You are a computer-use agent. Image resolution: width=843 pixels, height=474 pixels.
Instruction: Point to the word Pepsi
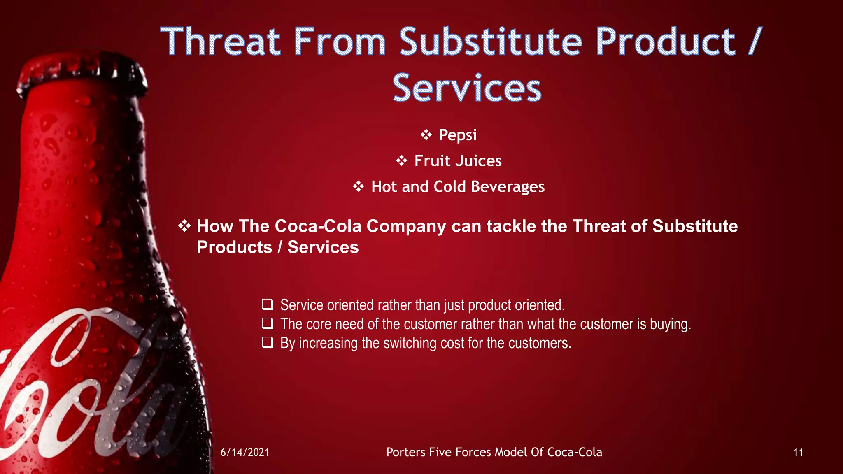point(458,135)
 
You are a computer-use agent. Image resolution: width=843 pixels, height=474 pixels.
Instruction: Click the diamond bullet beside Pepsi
point(426,135)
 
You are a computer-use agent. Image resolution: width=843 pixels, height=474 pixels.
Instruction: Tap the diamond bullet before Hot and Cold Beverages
point(359,186)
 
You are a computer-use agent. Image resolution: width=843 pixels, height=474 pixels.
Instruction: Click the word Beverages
point(508,187)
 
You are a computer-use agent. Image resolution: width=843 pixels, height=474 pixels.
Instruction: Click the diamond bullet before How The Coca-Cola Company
point(184,225)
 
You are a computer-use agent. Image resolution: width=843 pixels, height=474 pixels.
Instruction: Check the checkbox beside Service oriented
point(268,304)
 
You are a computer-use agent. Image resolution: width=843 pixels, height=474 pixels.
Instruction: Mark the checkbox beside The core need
point(268,323)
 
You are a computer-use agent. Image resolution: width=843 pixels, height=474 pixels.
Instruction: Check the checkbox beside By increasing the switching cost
point(268,342)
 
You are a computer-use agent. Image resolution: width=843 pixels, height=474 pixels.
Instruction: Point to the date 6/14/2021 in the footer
point(245,453)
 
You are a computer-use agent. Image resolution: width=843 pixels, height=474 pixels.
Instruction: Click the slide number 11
point(798,453)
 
